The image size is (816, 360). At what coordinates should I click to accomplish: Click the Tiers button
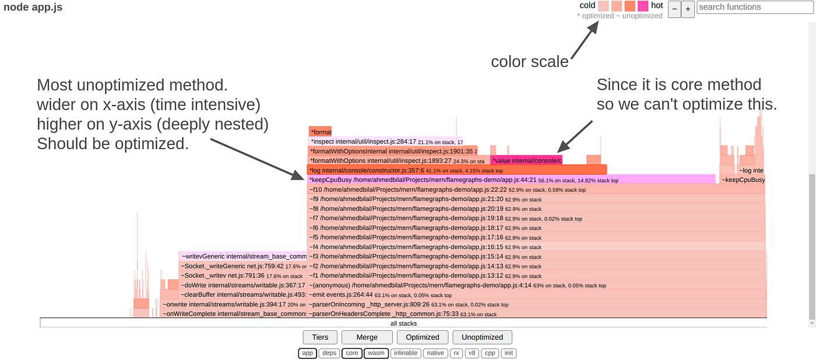pyautogui.click(x=320, y=337)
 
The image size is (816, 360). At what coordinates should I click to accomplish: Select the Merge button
pyautogui.click(x=367, y=337)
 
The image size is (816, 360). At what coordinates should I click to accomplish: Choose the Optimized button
pyautogui.click(x=422, y=337)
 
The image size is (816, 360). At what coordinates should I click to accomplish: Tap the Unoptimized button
pyautogui.click(x=482, y=337)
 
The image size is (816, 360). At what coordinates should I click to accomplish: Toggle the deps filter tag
pyautogui.click(x=329, y=353)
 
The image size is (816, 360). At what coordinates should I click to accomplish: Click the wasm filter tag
pyautogui.click(x=376, y=353)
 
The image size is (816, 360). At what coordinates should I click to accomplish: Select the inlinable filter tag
pyautogui.click(x=405, y=353)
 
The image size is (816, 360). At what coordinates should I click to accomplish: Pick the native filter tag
pyautogui.click(x=435, y=353)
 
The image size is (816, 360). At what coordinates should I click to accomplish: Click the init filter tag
pyautogui.click(x=509, y=353)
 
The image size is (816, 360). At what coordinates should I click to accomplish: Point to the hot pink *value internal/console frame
pyautogui.click(x=526, y=160)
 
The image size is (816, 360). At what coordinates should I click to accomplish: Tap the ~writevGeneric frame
pyautogui.click(x=242, y=256)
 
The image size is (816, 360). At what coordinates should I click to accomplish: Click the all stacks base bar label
pyautogui.click(x=403, y=323)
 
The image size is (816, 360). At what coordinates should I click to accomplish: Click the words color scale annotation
pyautogui.click(x=529, y=62)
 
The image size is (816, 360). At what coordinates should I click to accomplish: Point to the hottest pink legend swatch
pyautogui.click(x=642, y=6)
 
